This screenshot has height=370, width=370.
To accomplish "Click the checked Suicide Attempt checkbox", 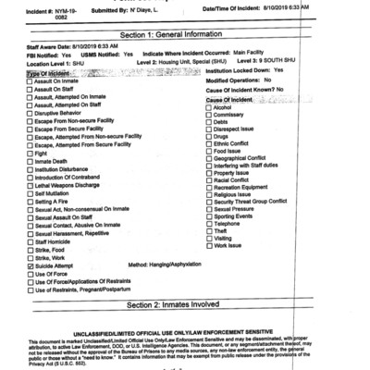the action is [30, 265].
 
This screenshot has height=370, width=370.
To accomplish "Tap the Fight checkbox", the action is [30, 154].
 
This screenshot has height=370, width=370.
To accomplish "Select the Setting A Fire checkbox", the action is [30, 201].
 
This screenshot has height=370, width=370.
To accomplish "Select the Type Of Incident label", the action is [50, 73].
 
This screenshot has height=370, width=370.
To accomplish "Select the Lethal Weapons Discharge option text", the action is [70, 184].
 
